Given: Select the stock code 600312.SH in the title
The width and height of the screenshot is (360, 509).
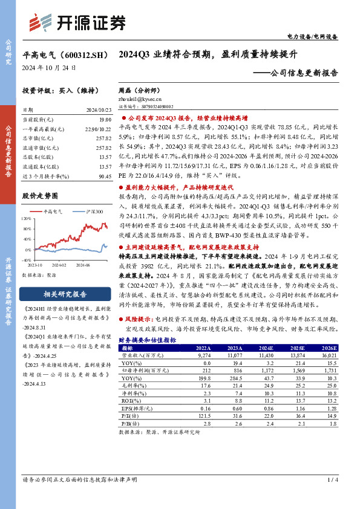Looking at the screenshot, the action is tap(79, 54).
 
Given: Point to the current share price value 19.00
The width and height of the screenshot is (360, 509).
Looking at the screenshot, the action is tap(105, 120).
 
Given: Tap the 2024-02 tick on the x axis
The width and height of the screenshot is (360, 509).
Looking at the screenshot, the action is tap(58, 265).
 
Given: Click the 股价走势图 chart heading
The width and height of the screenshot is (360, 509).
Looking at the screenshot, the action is tap(40, 196).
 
